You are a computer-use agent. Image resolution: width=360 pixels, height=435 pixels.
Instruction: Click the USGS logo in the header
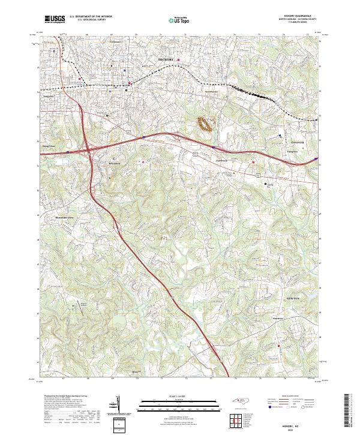point(56,19)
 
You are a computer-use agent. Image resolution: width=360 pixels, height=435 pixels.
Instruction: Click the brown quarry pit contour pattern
point(205,124)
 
